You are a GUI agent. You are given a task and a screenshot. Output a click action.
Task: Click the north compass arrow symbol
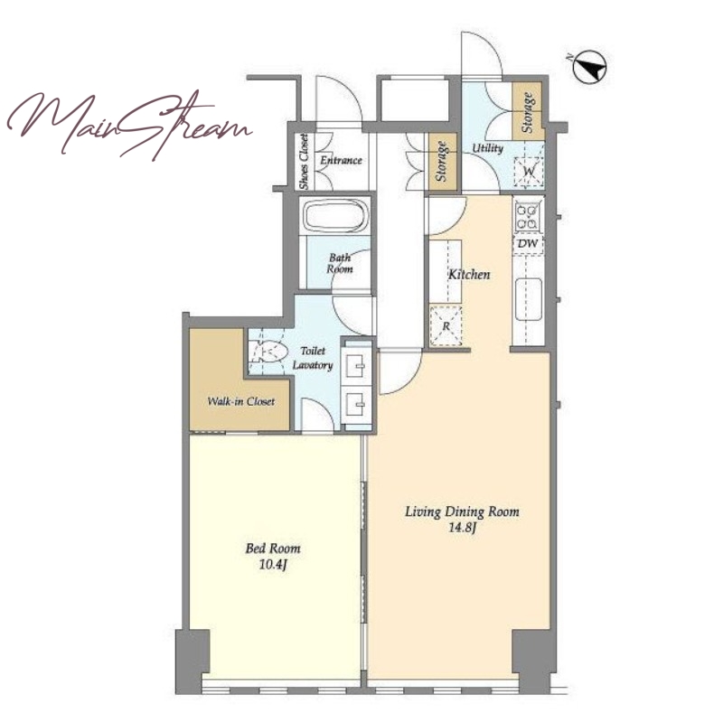point(590,67)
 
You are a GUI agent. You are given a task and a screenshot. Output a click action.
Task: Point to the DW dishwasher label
point(528,243)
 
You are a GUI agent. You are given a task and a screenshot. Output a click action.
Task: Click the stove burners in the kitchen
point(528,217)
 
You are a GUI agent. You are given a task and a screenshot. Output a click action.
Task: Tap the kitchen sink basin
point(529,299)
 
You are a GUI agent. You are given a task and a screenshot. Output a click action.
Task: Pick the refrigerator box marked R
point(446,326)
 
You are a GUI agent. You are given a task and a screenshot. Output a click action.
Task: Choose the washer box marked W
point(529,172)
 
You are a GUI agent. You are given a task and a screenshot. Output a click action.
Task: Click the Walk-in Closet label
point(241,401)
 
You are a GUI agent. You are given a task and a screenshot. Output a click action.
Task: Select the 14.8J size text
point(462,528)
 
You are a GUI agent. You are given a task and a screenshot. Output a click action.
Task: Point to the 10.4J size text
point(273,564)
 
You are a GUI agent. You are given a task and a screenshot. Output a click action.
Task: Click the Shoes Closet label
point(304,162)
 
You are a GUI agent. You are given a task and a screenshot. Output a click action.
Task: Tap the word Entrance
point(342,160)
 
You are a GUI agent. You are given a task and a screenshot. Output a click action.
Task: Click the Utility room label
point(487,148)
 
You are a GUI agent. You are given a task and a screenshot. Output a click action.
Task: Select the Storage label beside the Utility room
point(528,112)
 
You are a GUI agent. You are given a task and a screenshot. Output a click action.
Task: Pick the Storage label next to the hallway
point(442,162)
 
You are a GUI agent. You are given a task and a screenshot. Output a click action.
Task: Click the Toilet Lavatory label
point(313,358)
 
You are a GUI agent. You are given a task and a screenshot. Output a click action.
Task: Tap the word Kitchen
point(469,275)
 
